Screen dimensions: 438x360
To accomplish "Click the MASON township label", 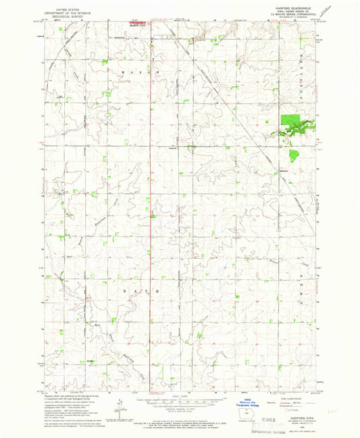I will [153, 70].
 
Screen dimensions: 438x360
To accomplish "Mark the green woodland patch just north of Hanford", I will [293, 156].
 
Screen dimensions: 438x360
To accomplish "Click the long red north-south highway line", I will [152, 203].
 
